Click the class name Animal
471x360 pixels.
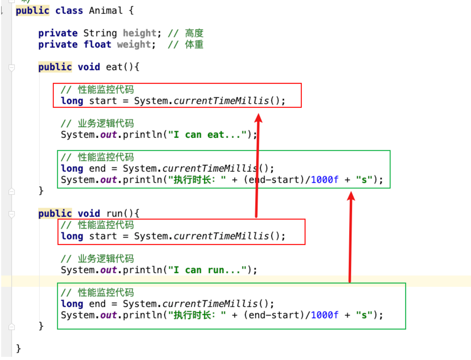coord(106,11)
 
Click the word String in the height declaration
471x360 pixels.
coord(100,33)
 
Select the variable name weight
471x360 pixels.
coord(134,45)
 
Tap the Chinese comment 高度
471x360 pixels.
coord(194,33)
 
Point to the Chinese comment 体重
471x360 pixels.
coord(194,45)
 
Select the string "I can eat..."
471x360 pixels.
coord(207,135)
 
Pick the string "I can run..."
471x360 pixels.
coord(207,270)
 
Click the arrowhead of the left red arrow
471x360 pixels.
coord(258,118)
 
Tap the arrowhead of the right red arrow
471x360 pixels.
coord(351,196)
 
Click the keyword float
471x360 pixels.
coord(97,45)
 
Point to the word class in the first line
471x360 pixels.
coord(69,11)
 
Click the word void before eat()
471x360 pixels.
coord(89,67)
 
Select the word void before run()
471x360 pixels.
coord(89,214)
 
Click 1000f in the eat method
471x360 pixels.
coord(324,180)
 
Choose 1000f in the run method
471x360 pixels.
coord(324,315)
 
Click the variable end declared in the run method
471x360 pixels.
coord(97,304)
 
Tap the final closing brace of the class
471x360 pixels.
coord(19,348)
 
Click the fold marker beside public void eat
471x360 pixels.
coord(12,68)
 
